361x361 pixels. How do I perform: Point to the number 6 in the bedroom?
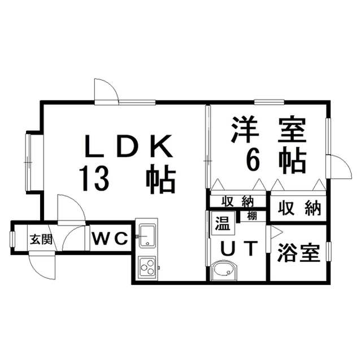point(253,160)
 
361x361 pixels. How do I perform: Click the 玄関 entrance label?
point(41,239)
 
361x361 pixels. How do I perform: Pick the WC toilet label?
point(111,239)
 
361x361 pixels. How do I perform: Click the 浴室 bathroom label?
point(298,253)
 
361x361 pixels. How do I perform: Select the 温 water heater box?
point(221,224)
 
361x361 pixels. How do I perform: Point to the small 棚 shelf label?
point(251,215)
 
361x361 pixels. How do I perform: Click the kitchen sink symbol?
point(147,235)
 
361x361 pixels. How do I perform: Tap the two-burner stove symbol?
point(148,266)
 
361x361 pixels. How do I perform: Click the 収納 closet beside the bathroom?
point(298,208)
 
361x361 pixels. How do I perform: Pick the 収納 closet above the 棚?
point(236,201)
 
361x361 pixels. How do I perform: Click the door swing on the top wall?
point(106,90)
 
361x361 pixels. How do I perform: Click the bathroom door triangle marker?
point(276,232)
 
